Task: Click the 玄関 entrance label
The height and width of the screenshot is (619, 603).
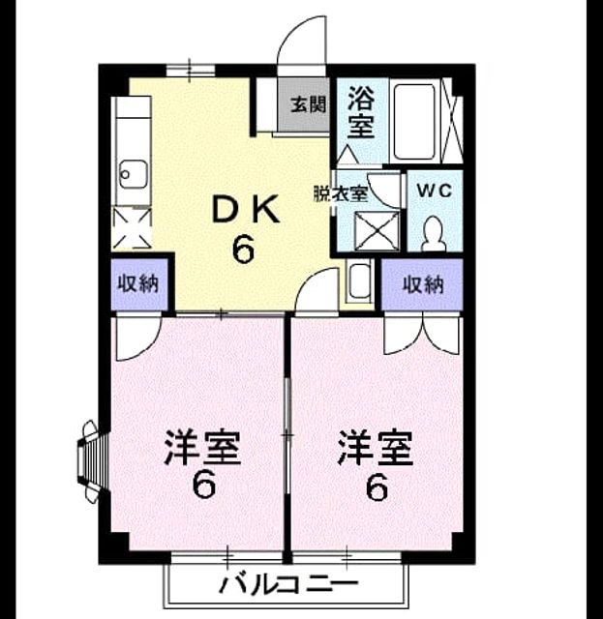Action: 308,104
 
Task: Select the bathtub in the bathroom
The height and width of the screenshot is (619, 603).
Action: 414,122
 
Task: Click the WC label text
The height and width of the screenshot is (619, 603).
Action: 435,191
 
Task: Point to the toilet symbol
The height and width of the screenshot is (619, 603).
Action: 433,233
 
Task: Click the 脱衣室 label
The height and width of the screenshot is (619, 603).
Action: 341,193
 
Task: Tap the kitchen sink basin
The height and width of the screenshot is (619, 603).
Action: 133,174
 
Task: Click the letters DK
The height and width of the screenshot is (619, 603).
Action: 246,210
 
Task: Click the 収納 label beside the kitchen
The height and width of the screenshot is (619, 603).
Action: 138,283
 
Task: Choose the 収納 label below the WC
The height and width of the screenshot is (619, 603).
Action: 423,284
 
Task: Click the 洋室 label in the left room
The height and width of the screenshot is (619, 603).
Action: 202,448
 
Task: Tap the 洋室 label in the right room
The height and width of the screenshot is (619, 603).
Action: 376,448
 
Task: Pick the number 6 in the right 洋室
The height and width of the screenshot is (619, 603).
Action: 377,486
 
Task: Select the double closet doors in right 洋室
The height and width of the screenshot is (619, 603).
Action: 423,334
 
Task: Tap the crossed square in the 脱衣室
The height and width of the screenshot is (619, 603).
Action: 377,230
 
